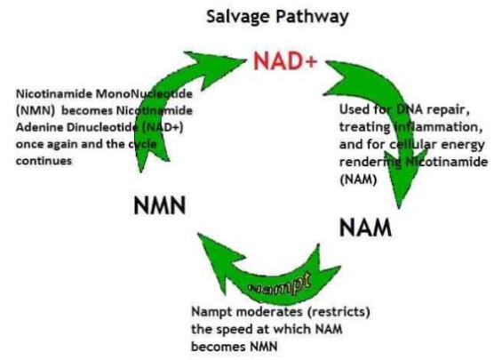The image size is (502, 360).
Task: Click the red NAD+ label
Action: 285,60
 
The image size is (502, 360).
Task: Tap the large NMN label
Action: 160,205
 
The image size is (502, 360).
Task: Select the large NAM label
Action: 365,228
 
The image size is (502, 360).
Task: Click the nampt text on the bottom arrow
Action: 280,284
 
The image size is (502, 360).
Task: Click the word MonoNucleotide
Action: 145,94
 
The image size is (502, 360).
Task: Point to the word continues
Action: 44,161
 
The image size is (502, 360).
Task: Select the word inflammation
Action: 438,127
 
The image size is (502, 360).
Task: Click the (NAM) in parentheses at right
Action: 358,180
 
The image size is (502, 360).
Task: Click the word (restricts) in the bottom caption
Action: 339,312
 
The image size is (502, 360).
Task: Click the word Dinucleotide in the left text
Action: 102,127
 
